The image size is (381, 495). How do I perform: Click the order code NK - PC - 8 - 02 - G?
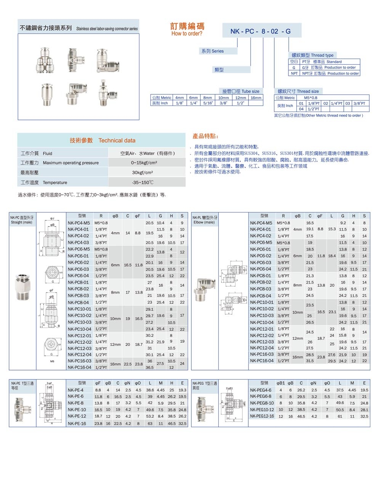pos(261,31)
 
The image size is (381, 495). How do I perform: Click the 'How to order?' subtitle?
pos(187,34)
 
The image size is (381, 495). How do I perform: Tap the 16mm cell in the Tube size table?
pos(256,98)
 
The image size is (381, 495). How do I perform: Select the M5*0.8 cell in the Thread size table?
pos(311,98)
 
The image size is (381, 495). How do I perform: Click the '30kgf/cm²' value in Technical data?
pos(142,172)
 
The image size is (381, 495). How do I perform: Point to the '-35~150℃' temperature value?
pos(142,182)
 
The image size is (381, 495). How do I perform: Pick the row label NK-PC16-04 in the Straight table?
pos(80,367)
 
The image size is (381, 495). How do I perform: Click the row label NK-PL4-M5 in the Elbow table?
pos(261,223)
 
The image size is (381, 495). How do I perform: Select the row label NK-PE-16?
pos(77,423)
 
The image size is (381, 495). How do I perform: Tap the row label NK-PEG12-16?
pos(262,416)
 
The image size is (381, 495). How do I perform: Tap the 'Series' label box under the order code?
pos(213,51)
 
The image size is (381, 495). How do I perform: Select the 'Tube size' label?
pos(241,91)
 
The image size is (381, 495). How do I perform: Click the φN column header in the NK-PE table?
pos(128,383)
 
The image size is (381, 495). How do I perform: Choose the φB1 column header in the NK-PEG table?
pos(281,383)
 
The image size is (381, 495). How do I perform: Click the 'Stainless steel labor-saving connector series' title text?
pos(107,29)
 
